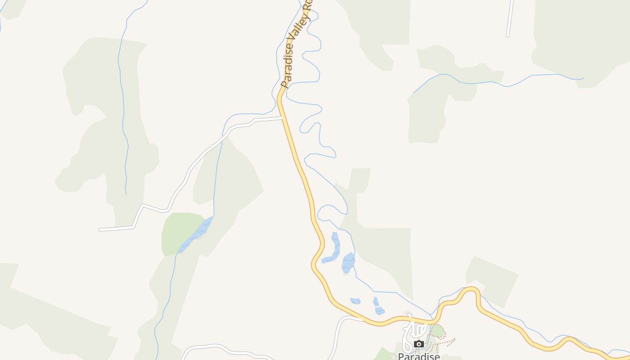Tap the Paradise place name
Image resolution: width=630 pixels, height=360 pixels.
418,356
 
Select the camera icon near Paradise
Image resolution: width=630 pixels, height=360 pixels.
419,344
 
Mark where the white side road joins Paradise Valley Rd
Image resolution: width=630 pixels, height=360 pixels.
282,118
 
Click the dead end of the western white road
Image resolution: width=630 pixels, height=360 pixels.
100,229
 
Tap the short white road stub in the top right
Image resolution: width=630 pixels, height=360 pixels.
510,18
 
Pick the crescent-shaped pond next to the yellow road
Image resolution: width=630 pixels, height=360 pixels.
333,250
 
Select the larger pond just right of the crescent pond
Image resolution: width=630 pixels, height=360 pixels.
348,263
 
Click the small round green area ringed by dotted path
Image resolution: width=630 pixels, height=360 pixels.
437,331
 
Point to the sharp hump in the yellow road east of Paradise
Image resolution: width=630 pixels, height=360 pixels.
472,290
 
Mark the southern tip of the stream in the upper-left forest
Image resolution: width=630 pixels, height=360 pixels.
126,194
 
